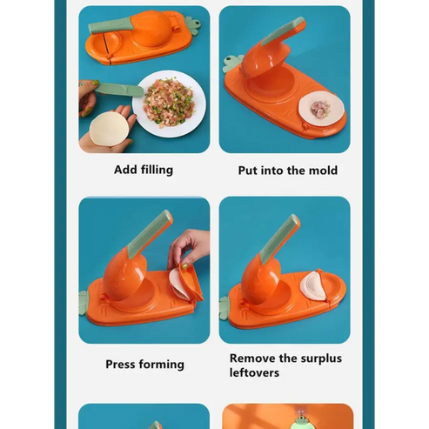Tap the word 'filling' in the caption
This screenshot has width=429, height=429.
(158, 171)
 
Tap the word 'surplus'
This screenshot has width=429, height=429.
(321, 359)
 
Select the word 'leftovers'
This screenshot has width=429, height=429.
(254, 372)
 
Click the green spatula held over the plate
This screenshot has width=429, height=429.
(119, 89)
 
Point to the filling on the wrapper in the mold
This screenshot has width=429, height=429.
(320, 109)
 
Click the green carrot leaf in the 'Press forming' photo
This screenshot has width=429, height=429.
(84, 303)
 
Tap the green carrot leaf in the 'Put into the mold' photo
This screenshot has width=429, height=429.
(231, 64)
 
